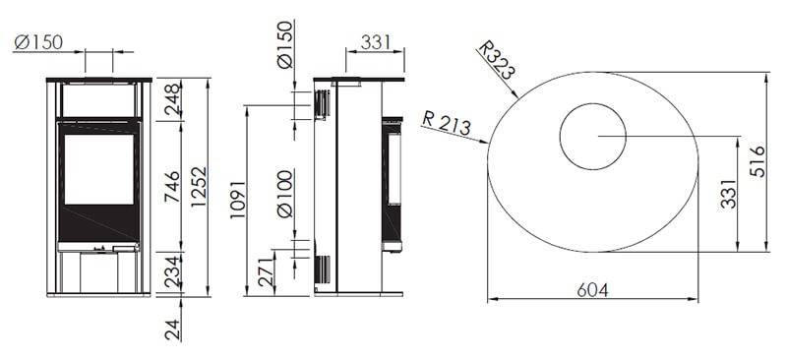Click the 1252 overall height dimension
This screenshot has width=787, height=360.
[x=200, y=187]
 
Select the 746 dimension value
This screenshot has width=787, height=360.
[x=173, y=187]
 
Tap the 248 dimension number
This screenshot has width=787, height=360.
[x=173, y=99]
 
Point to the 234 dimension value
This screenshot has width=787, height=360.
[x=173, y=271]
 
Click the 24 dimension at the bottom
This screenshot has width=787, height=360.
[x=173, y=330]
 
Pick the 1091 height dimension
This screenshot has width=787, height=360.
[x=238, y=200]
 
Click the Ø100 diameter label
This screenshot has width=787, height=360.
[x=284, y=194]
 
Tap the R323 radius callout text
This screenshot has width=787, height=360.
[x=497, y=60]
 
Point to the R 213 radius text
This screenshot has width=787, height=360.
[x=447, y=123]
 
